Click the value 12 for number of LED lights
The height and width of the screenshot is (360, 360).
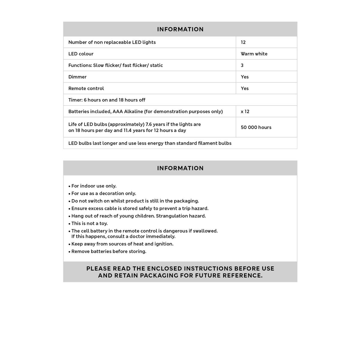[243, 42]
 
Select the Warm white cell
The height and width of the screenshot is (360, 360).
[254, 54]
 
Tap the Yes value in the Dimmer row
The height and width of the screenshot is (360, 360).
[244, 77]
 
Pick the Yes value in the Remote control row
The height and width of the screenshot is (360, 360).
[244, 88]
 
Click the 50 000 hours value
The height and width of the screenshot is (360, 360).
[256, 127]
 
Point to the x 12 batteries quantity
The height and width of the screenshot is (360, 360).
[245, 112]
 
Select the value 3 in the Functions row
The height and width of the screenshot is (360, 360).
[242, 65]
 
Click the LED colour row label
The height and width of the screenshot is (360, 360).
[81, 54]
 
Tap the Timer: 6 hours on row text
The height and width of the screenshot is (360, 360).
[107, 100]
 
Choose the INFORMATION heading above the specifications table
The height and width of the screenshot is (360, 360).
[180, 29]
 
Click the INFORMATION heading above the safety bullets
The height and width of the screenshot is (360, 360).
[180, 168]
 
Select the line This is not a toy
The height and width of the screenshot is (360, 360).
[89, 223]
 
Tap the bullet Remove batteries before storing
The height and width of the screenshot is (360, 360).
[109, 252]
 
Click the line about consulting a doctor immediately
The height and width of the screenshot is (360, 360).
[123, 236]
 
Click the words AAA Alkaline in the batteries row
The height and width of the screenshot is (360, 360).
[128, 112]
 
